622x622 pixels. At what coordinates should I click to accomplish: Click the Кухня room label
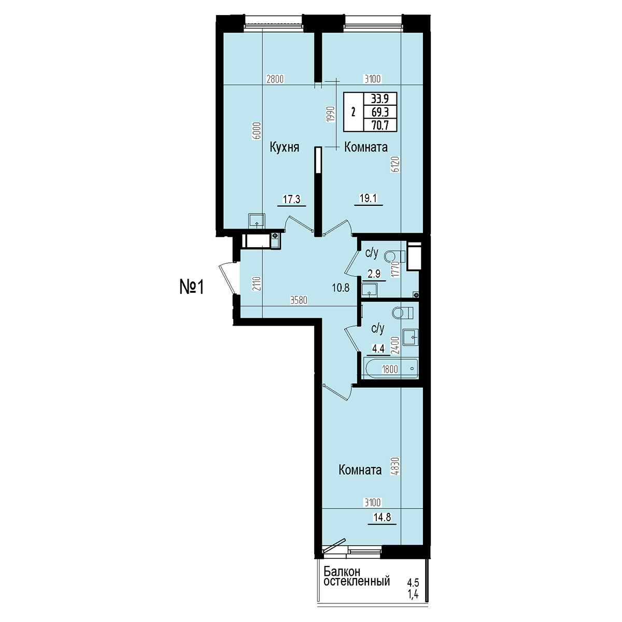tap(285, 148)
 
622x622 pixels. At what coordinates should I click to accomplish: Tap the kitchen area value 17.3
tap(291, 200)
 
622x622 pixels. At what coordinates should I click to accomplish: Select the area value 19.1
tap(369, 198)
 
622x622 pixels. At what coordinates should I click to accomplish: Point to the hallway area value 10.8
tap(341, 288)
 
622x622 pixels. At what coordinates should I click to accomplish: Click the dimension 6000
tap(257, 131)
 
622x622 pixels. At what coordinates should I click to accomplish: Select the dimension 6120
tap(396, 165)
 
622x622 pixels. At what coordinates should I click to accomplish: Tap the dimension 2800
tap(275, 79)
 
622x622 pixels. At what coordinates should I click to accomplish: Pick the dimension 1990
tap(331, 114)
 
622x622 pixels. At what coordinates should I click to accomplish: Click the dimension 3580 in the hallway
tap(299, 301)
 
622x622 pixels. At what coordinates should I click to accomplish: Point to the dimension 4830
tap(395, 466)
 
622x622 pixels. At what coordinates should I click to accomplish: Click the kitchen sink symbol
tap(257, 221)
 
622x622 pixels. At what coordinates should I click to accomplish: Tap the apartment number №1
tap(192, 287)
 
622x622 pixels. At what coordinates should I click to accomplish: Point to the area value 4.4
tap(378, 348)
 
